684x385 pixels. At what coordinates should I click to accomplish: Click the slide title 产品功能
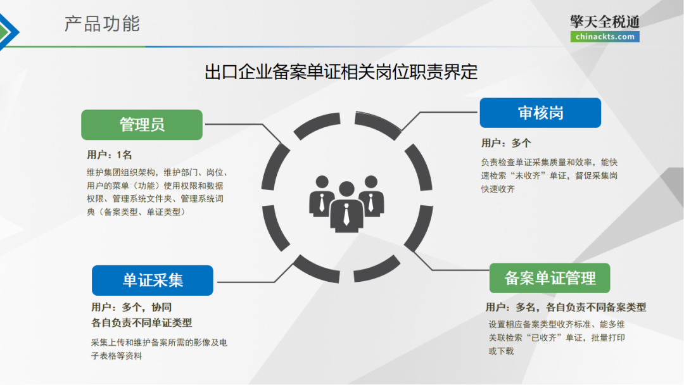tap(102, 24)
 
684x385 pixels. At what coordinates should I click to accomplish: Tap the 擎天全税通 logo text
tap(604, 22)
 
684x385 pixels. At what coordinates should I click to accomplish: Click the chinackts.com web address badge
tap(604, 37)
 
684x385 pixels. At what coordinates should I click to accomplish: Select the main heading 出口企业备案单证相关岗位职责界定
tap(341, 72)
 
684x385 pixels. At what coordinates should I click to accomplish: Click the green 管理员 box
tap(142, 125)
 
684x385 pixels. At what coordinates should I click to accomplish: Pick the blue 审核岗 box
tap(540, 113)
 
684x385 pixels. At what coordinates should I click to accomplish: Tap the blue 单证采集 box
tap(152, 281)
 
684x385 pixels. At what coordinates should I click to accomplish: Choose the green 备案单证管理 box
tap(550, 278)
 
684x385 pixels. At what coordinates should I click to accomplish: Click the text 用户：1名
tap(110, 155)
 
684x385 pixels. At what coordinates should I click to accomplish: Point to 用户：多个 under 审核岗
tap(506, 143)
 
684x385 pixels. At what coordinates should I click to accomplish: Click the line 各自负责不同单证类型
tap(142, 322)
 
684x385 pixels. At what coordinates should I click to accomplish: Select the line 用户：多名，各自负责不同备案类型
tap(566, 307)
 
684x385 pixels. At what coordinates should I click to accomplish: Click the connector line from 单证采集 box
tap(247, 281)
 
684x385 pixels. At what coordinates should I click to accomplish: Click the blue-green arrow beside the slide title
tap(9, 28)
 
